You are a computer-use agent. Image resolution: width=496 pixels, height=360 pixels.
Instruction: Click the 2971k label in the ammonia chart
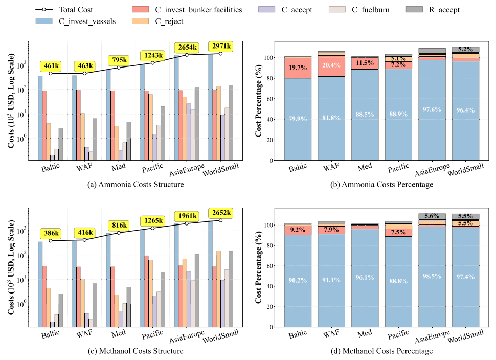pos(221,46)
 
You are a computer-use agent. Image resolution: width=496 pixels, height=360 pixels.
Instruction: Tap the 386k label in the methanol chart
pos(51,233)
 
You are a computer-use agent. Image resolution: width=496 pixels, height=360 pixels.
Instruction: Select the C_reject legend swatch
pos(140,21)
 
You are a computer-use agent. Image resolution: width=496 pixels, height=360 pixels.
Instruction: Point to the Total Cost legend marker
pos(44,10)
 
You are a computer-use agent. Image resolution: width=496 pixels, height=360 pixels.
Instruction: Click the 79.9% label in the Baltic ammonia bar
pos(298,119)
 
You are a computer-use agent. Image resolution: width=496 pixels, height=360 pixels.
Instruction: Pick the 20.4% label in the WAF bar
pos(331,65)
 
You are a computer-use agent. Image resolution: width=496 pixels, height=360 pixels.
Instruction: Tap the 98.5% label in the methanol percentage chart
pos(432,276)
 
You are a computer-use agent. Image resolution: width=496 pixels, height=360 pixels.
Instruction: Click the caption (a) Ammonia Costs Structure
pos(136,185)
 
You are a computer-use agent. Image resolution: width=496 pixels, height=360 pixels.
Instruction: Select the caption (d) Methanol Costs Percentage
pos(381,351)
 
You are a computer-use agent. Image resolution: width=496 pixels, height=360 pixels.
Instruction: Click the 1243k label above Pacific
pos(153,56)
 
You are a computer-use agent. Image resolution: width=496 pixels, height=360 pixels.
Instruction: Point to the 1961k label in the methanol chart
pos(187,216)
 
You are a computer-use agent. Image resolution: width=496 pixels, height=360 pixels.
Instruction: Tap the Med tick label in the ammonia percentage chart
pos(365,167)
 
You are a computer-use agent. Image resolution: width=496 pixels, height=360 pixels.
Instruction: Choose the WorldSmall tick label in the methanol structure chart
pos(220,336)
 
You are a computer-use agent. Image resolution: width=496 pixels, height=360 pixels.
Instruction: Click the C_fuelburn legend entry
pos(359,10)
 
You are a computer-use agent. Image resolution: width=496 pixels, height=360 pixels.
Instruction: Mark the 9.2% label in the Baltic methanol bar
pos(298,230)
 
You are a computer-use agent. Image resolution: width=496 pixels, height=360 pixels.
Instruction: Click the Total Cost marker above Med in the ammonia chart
pos(119,67)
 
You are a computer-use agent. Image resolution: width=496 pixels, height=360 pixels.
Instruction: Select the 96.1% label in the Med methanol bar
pos(365,278)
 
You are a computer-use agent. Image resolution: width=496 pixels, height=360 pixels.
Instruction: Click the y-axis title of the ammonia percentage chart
pos(258,101)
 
